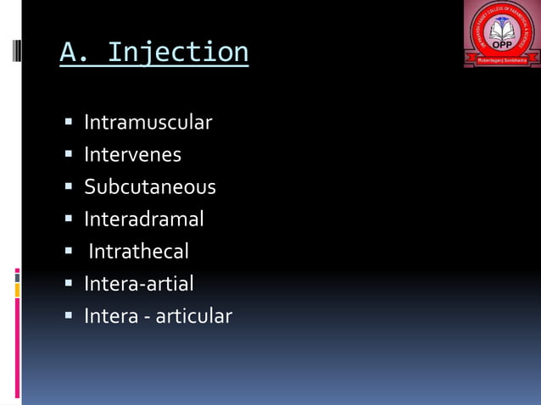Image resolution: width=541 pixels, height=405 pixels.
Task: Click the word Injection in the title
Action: [x=179, y=53]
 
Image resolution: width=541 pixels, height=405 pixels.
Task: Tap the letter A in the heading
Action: [x=67, y=52]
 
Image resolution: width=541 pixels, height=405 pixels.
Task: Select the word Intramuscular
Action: [x=148, y=123]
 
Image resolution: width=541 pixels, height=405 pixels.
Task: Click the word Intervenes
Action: [x=132, y=155]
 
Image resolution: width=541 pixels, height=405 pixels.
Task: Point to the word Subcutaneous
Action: [x=149, y=186]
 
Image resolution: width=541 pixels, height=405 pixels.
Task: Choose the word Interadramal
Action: [x=143, y=219]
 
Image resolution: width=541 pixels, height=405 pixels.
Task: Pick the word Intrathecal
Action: [x=138, y=252]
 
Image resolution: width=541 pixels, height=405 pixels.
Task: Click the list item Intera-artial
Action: [x=138, y=283]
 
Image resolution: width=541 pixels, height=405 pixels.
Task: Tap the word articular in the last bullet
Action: [x=194, y=316]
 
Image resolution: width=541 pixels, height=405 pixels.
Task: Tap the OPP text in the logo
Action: [x=502, y=45]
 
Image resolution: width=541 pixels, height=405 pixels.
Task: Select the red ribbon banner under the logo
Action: [x=502, y=62]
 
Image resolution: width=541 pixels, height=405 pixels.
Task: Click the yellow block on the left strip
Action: [x=17, y=290]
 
